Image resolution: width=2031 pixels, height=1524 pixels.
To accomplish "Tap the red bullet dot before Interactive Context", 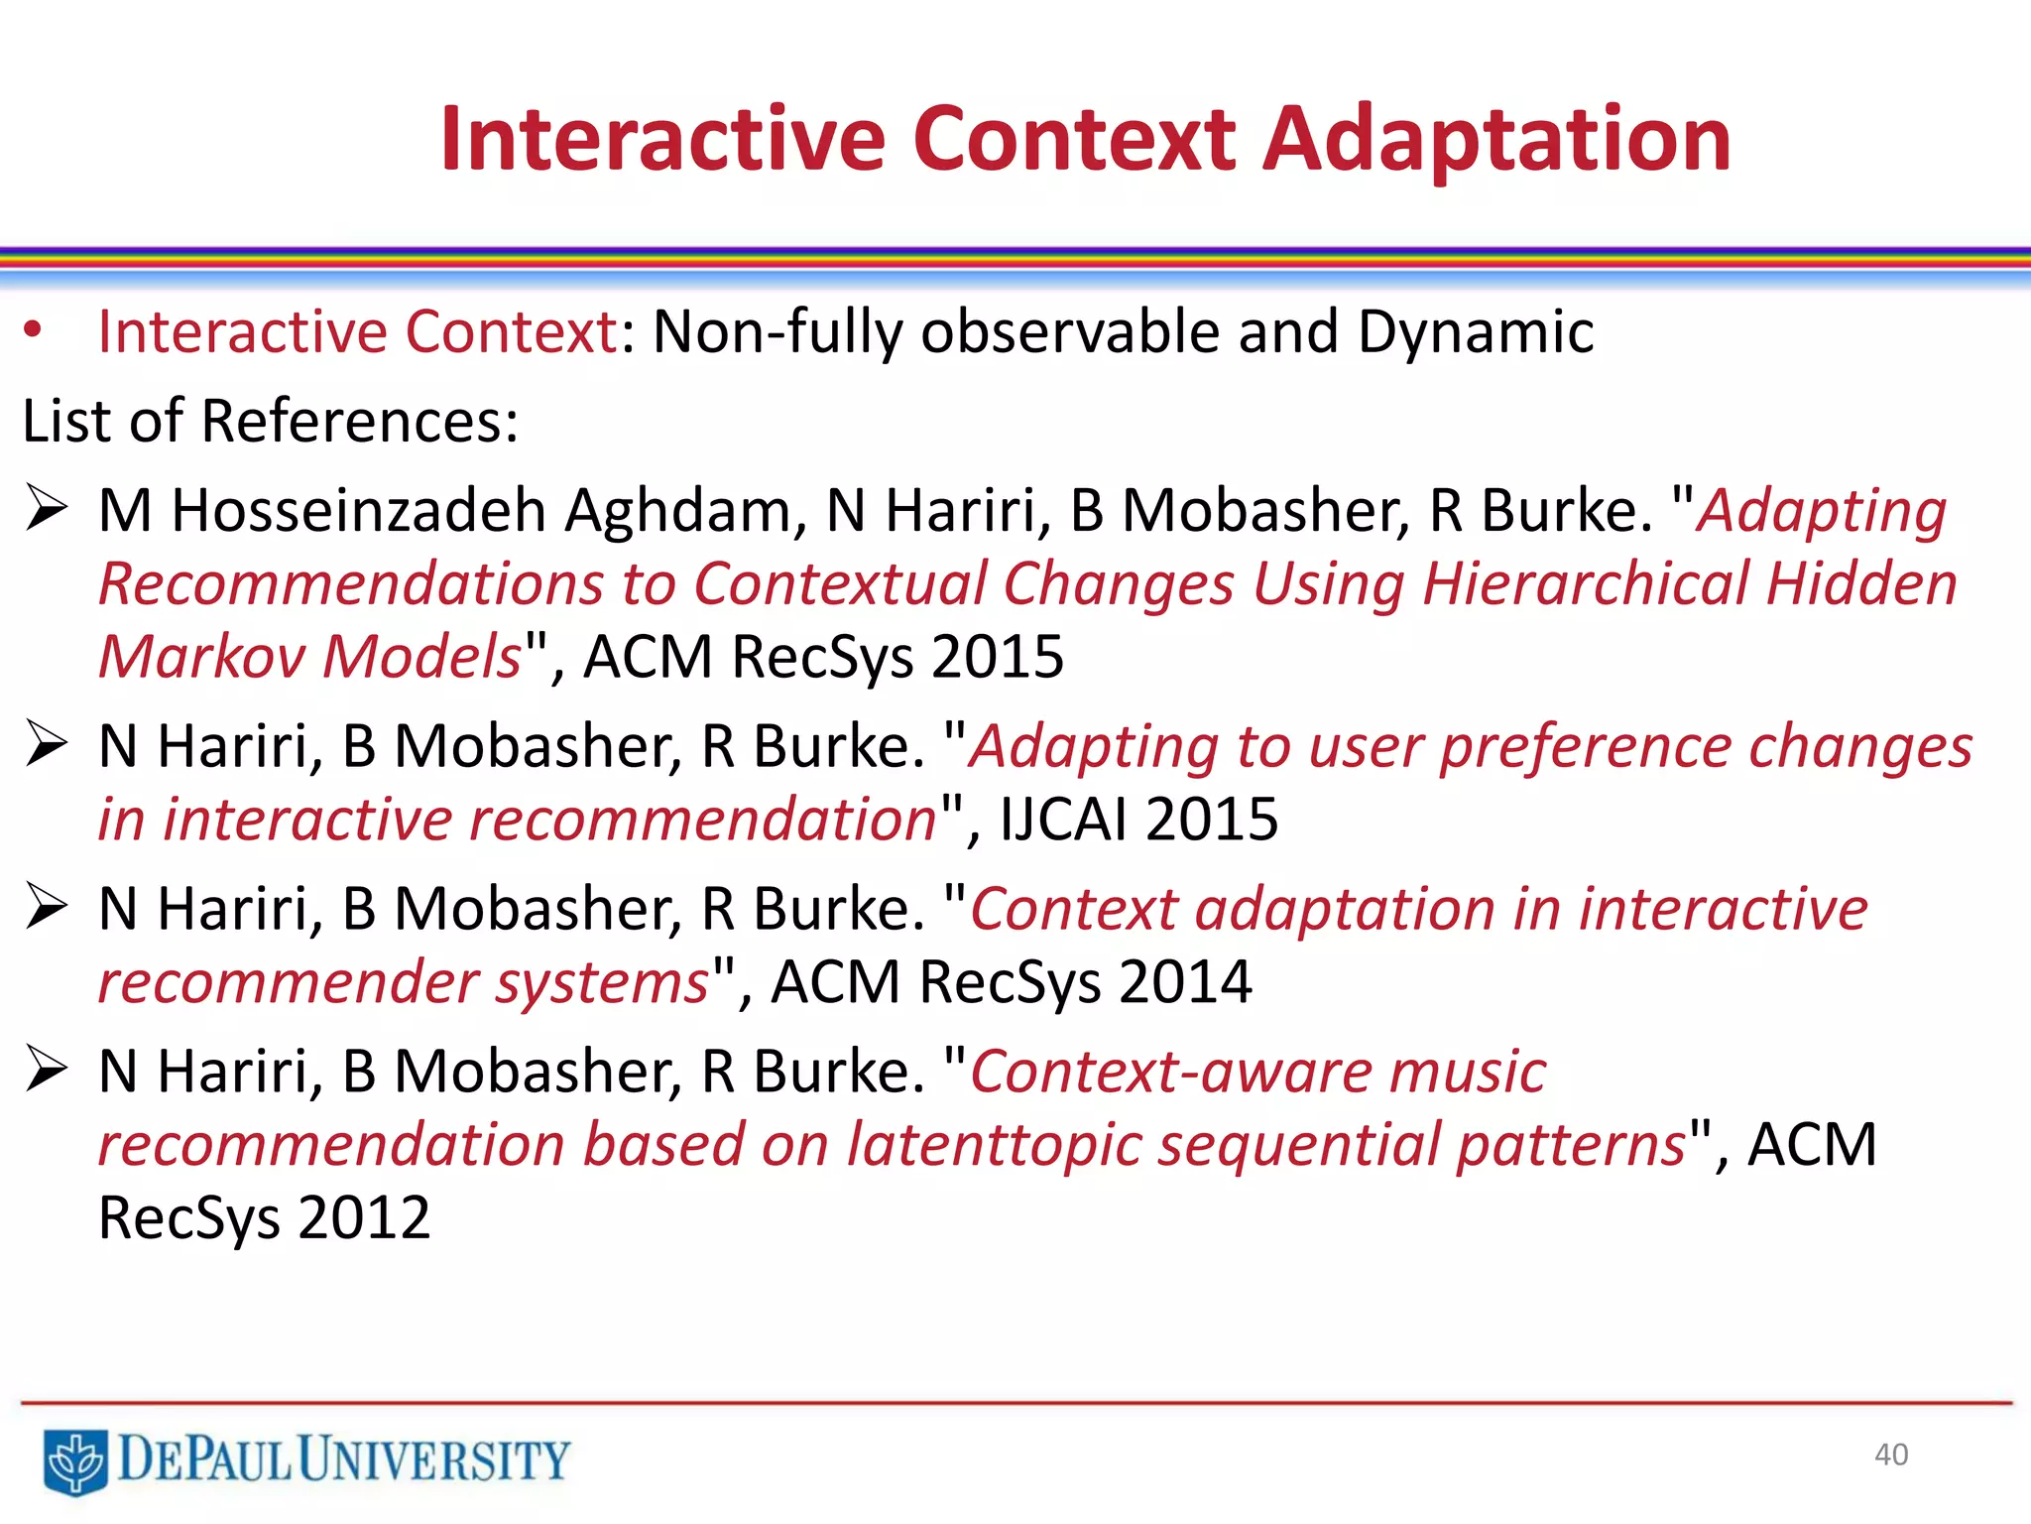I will [x=34, y=330].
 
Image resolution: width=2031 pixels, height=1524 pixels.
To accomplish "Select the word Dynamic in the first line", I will [x=1475, y=331].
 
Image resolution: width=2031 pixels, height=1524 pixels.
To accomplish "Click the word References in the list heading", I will [x=359, y=421].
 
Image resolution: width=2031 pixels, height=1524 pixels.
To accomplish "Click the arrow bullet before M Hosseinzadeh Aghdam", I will [x=47, y=508].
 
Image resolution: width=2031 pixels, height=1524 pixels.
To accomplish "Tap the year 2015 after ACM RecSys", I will [x=998, y=657].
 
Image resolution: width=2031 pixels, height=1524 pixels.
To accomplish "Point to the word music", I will [x=1468, y=1072].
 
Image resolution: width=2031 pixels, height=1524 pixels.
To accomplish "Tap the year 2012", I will [x=364, y=1217].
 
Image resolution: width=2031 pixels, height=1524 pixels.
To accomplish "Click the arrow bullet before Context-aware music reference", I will [x=47, y=1069].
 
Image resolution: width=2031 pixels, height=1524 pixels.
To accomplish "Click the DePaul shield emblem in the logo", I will [x=75, y=1460].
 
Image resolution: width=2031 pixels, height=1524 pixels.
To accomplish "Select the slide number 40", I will [x=1890, y=1455].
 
